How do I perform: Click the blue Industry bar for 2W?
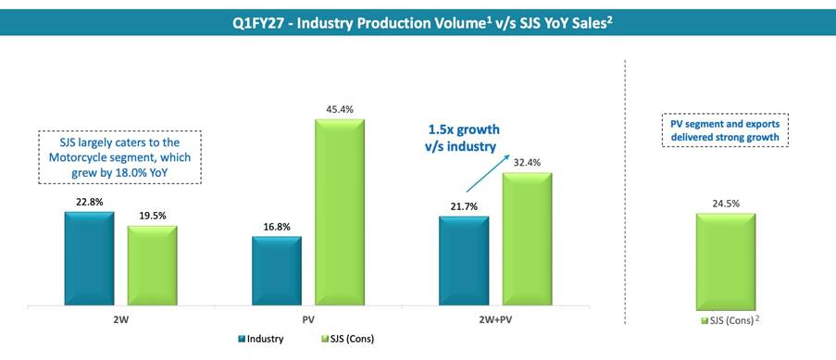point(89,259)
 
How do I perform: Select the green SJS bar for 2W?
point(152,266)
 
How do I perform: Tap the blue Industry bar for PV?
point(277,271)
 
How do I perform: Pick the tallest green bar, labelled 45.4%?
point(340,212)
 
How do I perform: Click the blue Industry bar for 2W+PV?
point(464,261)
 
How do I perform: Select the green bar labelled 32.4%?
point(527,239)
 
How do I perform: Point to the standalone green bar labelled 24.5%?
point(726,262)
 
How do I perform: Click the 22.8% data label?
point(90,203)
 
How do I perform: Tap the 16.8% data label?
point(277,228)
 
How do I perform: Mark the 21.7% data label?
point(464,207)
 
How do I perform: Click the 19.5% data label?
point(153,216)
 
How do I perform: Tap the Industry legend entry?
point(261,339)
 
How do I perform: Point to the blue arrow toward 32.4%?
point(486,174)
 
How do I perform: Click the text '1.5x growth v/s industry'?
point(463,138)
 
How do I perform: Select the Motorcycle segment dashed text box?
point(120,158)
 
